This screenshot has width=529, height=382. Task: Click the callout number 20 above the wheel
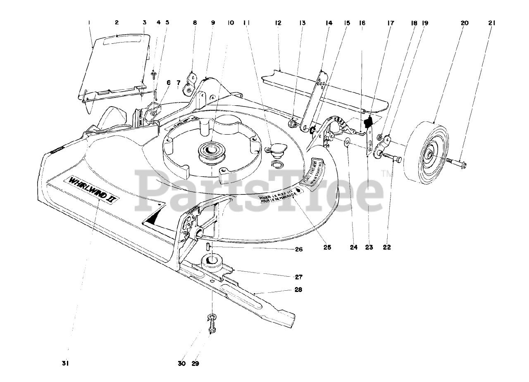coord(464,23)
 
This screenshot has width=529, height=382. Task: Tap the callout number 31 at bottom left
coord(64,363)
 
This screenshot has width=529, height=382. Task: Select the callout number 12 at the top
coord(278,23)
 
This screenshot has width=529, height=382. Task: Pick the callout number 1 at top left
coord(90,23)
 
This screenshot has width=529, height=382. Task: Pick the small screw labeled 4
coord(154,74)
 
